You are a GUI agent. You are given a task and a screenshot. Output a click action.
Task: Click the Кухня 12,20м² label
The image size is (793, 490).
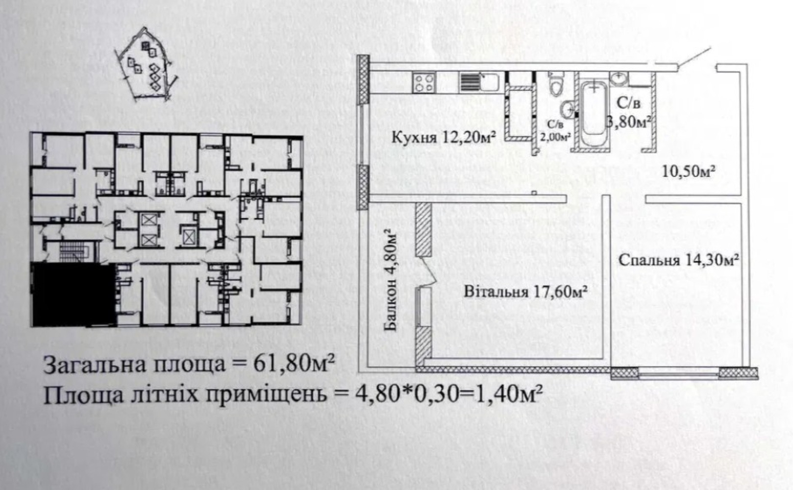443,137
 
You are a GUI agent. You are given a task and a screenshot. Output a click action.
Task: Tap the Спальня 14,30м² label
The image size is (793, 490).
679,260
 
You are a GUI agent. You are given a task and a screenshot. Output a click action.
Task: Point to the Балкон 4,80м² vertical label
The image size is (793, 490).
391,280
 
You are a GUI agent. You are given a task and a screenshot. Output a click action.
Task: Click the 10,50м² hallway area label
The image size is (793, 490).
689,171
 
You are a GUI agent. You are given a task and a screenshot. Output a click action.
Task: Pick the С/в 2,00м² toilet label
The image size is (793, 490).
555,130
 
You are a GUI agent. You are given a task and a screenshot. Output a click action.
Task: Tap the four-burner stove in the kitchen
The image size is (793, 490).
424,82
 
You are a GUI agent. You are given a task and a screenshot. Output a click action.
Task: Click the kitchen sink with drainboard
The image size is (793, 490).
479,82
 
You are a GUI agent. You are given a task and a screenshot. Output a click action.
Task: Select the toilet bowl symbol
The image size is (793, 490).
555,84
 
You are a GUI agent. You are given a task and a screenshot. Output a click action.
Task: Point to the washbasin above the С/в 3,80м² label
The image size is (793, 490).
619,78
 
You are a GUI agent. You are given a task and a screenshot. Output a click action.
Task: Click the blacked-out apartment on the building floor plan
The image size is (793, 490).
74,294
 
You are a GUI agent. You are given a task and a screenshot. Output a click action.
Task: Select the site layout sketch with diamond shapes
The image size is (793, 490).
146,65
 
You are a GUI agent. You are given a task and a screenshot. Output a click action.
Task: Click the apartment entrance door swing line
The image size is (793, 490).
694,57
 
